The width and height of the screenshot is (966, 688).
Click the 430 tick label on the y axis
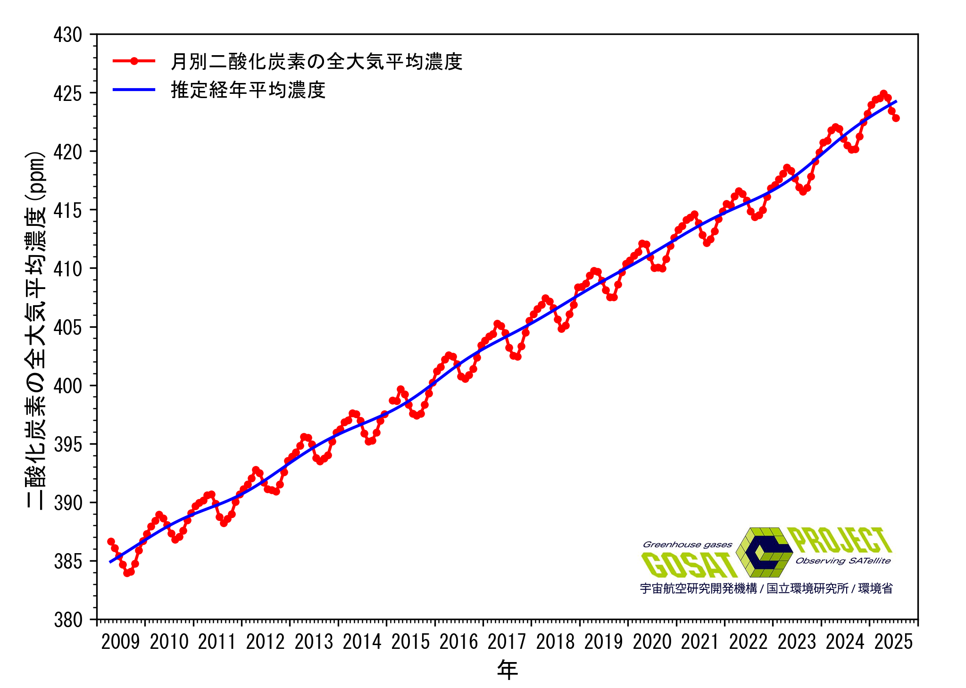point(67,35)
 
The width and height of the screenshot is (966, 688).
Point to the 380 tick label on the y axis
point(67,620)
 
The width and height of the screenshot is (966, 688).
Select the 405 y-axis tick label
point(67,327)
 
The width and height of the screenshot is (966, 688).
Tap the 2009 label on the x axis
point(120,642)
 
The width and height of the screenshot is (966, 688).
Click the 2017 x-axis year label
point(507,642)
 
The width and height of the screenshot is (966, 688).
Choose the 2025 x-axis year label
point(893,642)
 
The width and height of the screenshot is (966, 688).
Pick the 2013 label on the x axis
point(314,642)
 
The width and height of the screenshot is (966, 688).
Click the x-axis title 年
point(507,670)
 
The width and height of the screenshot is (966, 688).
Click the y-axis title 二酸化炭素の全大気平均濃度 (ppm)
point(36,330)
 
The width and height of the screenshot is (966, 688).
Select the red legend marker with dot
point(134,61)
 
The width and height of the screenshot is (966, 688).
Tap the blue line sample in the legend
point(134,90)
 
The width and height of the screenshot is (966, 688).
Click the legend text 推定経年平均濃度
point(248,90)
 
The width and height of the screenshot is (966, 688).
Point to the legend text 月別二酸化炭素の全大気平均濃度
point(316,61)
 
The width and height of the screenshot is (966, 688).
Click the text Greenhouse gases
point(687,545)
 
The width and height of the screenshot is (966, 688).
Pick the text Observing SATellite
point(843,561)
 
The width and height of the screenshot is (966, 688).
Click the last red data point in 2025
point(896,118)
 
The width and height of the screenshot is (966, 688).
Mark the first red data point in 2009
point(111,541)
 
